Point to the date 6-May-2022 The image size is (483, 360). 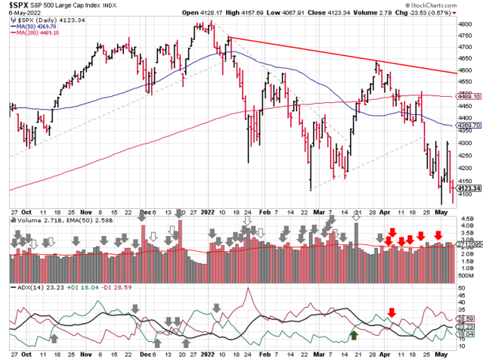[x=18, y=12]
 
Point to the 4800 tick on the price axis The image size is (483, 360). [x=467, y=24]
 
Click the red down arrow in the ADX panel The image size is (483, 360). [x=392, y=312]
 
